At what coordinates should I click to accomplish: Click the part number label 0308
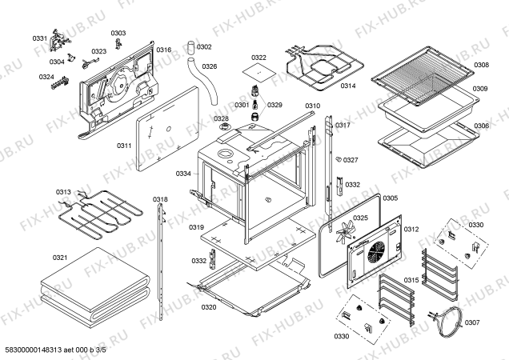pyautogui.click(x=480, y=65)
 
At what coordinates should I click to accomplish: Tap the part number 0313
pyautogui.click(x=63, y=192)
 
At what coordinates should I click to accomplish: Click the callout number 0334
pyautogui.click(x=183, y=174)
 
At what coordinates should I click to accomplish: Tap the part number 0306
pyautogui.click(x=480, y=126)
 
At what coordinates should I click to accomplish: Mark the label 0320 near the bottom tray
pyautogui.click(x=208, y=307)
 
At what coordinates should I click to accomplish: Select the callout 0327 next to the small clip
pyautogui.click(x=351, y=160)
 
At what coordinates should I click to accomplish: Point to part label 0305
pyautogui.click(x=390, y=198)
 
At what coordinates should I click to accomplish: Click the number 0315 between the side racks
pyautogui.click(x=411, y=279)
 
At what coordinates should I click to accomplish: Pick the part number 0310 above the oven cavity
pyautogui.click(x=312, y=106)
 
